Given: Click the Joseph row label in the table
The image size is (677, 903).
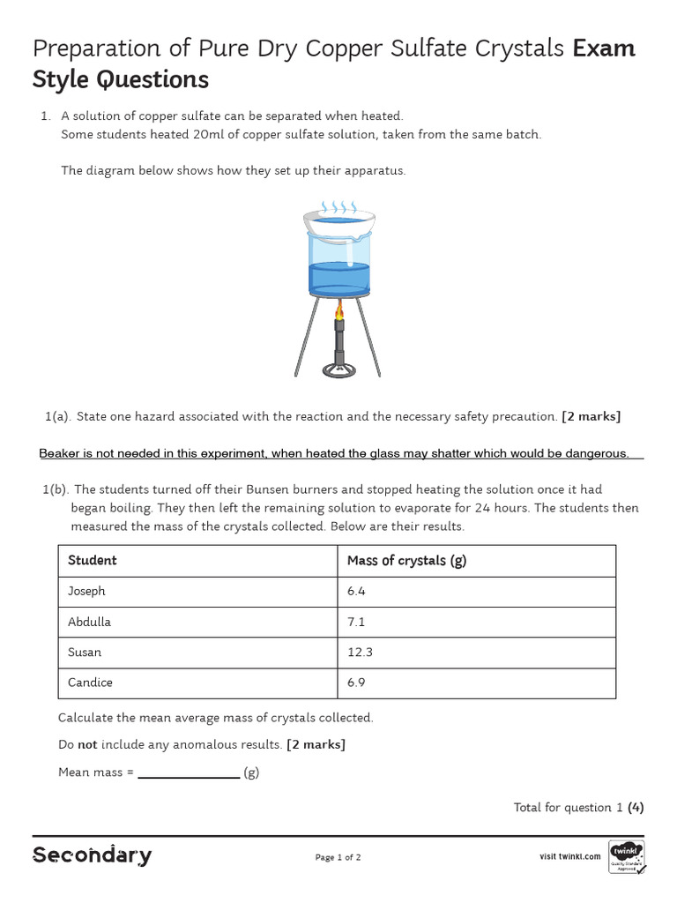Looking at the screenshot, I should click(86, 592).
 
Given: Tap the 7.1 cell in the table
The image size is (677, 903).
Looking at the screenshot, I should click(356, 622).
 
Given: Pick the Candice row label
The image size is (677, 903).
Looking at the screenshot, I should click(90, 683).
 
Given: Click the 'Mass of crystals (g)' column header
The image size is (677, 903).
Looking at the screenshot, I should click(406, 561).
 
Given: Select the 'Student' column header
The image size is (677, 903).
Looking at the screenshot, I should click(92, 561).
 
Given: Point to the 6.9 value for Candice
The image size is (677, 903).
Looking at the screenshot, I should click(357, 683).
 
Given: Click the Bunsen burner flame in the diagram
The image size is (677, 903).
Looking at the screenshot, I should click(338, 310).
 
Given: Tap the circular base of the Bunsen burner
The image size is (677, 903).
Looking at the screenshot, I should click(338, 369).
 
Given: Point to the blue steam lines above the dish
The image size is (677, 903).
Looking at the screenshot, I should click(338, 207).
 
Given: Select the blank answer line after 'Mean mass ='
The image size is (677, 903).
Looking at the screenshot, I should click(189, 772).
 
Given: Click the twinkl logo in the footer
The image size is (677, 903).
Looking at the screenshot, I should click(626, 856).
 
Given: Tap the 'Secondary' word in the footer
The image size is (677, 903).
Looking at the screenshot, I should click(92, 855).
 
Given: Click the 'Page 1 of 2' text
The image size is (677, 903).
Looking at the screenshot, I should click(338, 857).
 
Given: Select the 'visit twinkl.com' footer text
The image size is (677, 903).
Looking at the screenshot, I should click(569, 856).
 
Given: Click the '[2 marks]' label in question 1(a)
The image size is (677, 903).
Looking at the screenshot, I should click(591, 416).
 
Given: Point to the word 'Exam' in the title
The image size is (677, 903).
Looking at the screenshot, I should click(604, 49).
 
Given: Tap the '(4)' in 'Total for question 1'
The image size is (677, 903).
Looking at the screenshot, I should click(636, 808).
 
